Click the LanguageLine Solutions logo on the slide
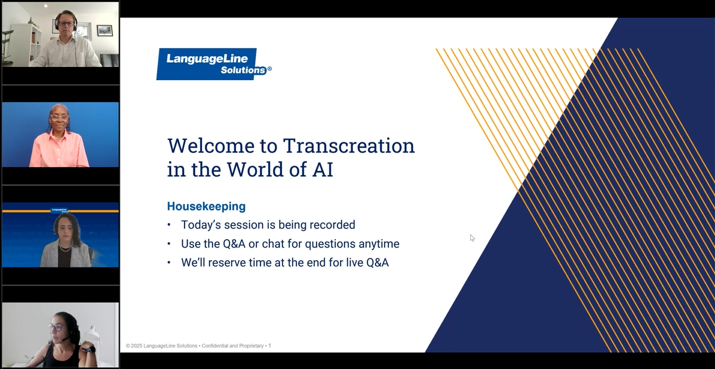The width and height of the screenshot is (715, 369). click(213, 64)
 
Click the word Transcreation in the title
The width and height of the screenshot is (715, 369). click(349, 146)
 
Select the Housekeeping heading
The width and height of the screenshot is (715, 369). click(206, 206)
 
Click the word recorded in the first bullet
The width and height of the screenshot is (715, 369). click(332, 225)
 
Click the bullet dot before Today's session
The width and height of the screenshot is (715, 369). click(170, 225)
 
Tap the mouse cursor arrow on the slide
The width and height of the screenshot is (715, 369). click(472, 237)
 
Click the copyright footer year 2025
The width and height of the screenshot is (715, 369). click(136, 346)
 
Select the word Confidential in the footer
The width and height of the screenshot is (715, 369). click(216, 346)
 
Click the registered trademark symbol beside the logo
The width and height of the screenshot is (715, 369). click(269, 69)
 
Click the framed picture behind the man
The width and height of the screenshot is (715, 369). click(105, 31)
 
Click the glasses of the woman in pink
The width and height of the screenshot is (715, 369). click(59, 118)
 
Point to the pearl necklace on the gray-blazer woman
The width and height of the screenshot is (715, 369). click(65, 248)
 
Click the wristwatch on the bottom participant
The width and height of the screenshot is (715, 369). click(91, 350)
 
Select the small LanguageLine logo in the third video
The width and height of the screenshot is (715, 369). click(59, 211)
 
